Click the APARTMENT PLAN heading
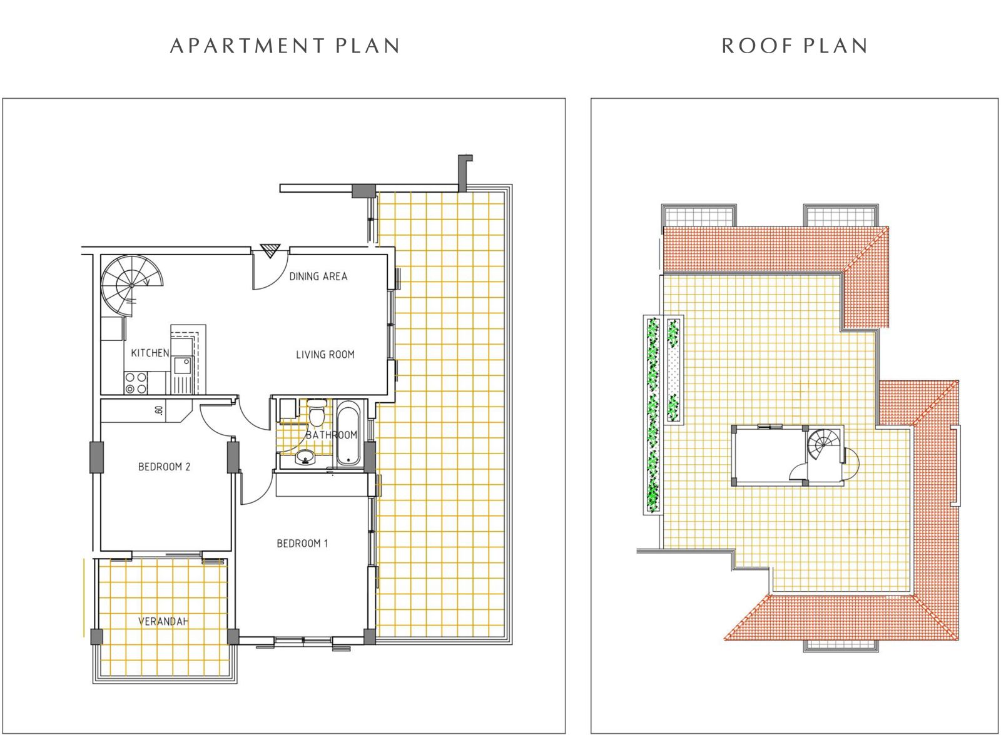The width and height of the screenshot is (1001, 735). click(x=285, y=46)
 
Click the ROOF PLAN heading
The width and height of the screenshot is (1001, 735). click(x=795, y=46)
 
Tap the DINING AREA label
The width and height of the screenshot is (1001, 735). click(x=318, y=276)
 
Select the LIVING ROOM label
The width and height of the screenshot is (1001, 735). click(x=325, y=355)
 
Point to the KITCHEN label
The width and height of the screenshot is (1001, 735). click(x=150, y=353)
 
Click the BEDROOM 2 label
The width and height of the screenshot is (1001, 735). click(x=165, y=467)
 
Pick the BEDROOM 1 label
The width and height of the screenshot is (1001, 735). click(x=303, y=544)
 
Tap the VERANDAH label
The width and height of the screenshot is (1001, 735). click(x=163, y=622)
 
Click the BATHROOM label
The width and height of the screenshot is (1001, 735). click(x=332, y=435)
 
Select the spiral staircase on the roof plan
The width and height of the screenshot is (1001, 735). click(x=825, y=446)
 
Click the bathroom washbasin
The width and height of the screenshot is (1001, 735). click(x=306, y=457)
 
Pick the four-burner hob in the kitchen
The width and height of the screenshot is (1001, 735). click(x=136, y=383)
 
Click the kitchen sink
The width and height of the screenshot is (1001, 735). click(x=182, y=366)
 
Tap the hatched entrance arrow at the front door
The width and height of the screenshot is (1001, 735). click(x=270, y=251)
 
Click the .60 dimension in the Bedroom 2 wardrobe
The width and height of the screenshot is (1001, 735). click(x=159, y=410)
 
